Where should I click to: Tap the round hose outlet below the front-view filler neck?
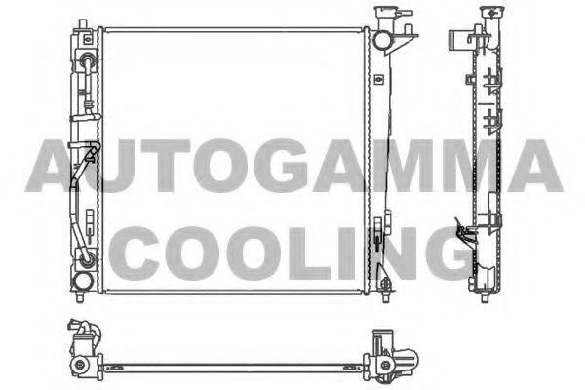click(x=383, y=41)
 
